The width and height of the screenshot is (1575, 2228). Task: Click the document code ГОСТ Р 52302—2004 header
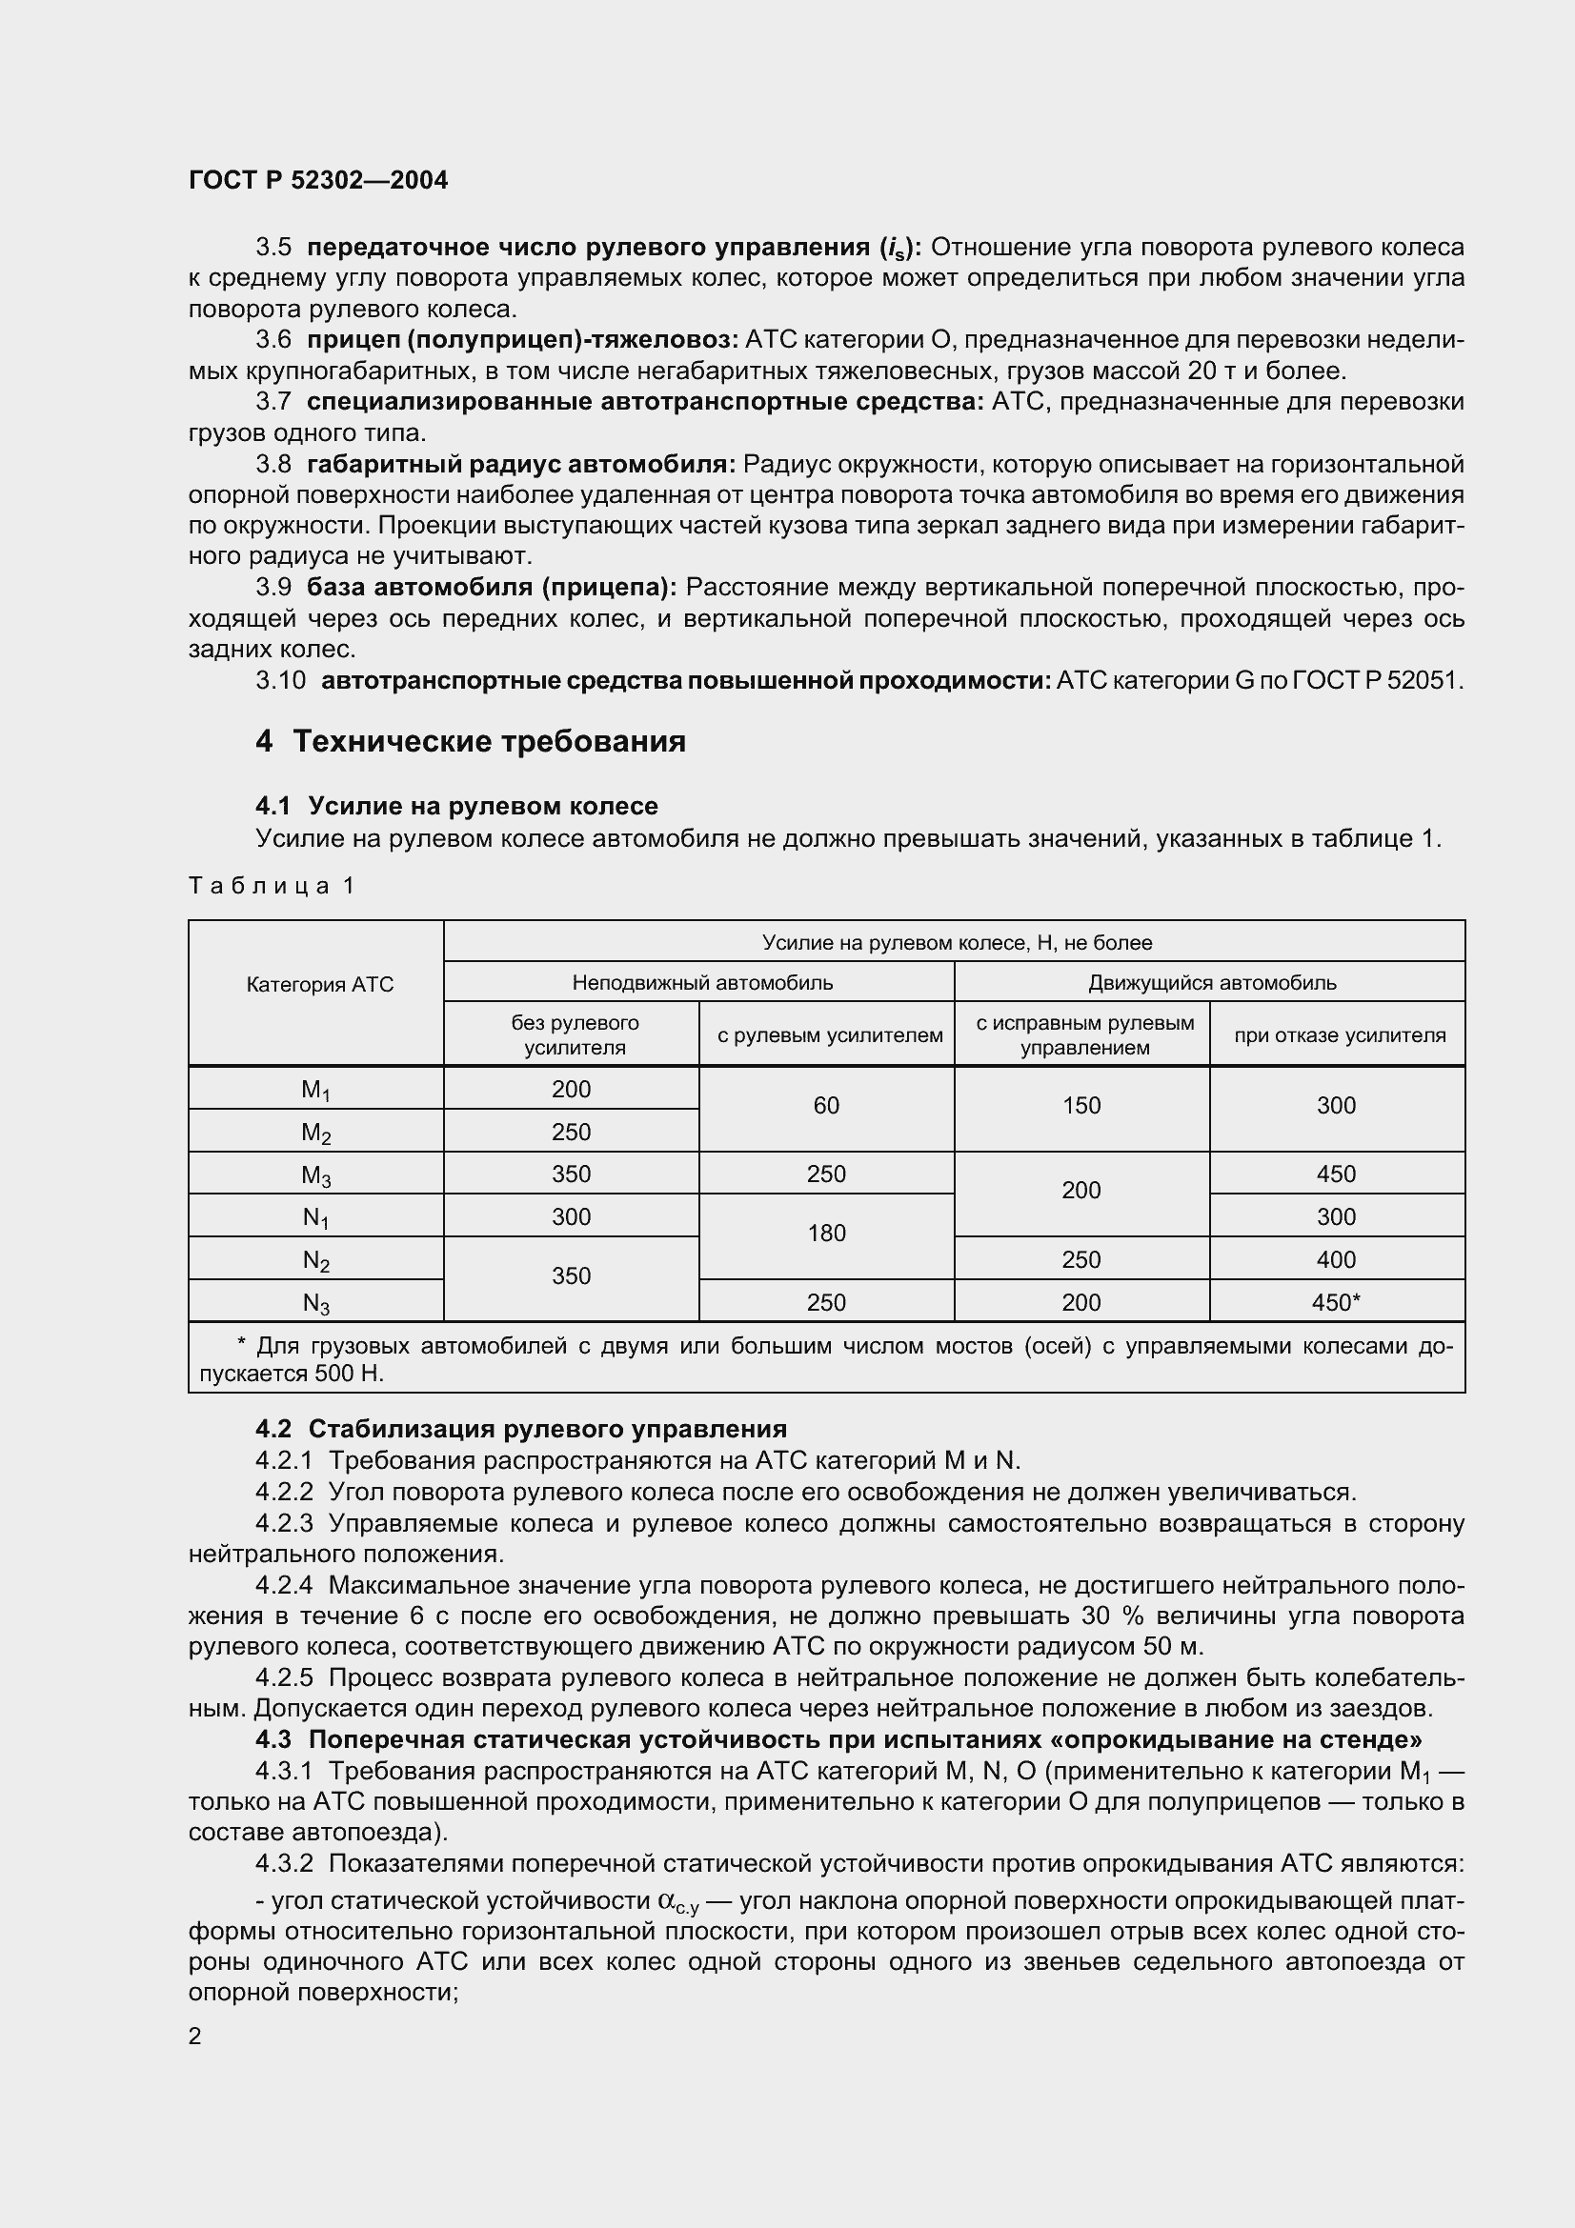coord(318,180)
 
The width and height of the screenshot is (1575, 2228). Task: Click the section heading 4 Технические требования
coord(471,740)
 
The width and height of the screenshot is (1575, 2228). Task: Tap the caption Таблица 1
coord(273,885)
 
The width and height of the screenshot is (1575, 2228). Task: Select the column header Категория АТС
coord(319,984)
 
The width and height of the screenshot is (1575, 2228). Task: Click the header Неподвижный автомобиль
coord(701,982)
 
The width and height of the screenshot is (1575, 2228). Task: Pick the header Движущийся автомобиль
coord(1211,982)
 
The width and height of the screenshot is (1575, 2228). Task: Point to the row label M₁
coord(315,1090)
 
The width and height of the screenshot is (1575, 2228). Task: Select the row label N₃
coord(315,1303)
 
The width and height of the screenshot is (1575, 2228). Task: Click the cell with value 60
coord(826,1105)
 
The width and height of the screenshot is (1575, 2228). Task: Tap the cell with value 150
coord(1081,1105)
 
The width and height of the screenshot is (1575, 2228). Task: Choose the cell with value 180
coord(826,1233)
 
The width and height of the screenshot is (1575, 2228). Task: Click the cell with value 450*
coord(1336,1302)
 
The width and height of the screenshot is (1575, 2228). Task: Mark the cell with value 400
coord(1336,1259)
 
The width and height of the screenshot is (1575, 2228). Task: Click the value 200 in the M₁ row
coord(571,1089)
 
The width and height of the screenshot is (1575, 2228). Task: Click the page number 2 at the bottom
coord(195,2036)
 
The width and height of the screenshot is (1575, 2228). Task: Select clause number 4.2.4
coord(284,1585)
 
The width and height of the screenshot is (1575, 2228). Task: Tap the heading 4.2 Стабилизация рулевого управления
coord(521,1429)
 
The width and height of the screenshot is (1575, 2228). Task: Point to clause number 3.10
coord(280,680)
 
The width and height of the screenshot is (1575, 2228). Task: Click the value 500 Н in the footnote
coord(350,1374)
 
